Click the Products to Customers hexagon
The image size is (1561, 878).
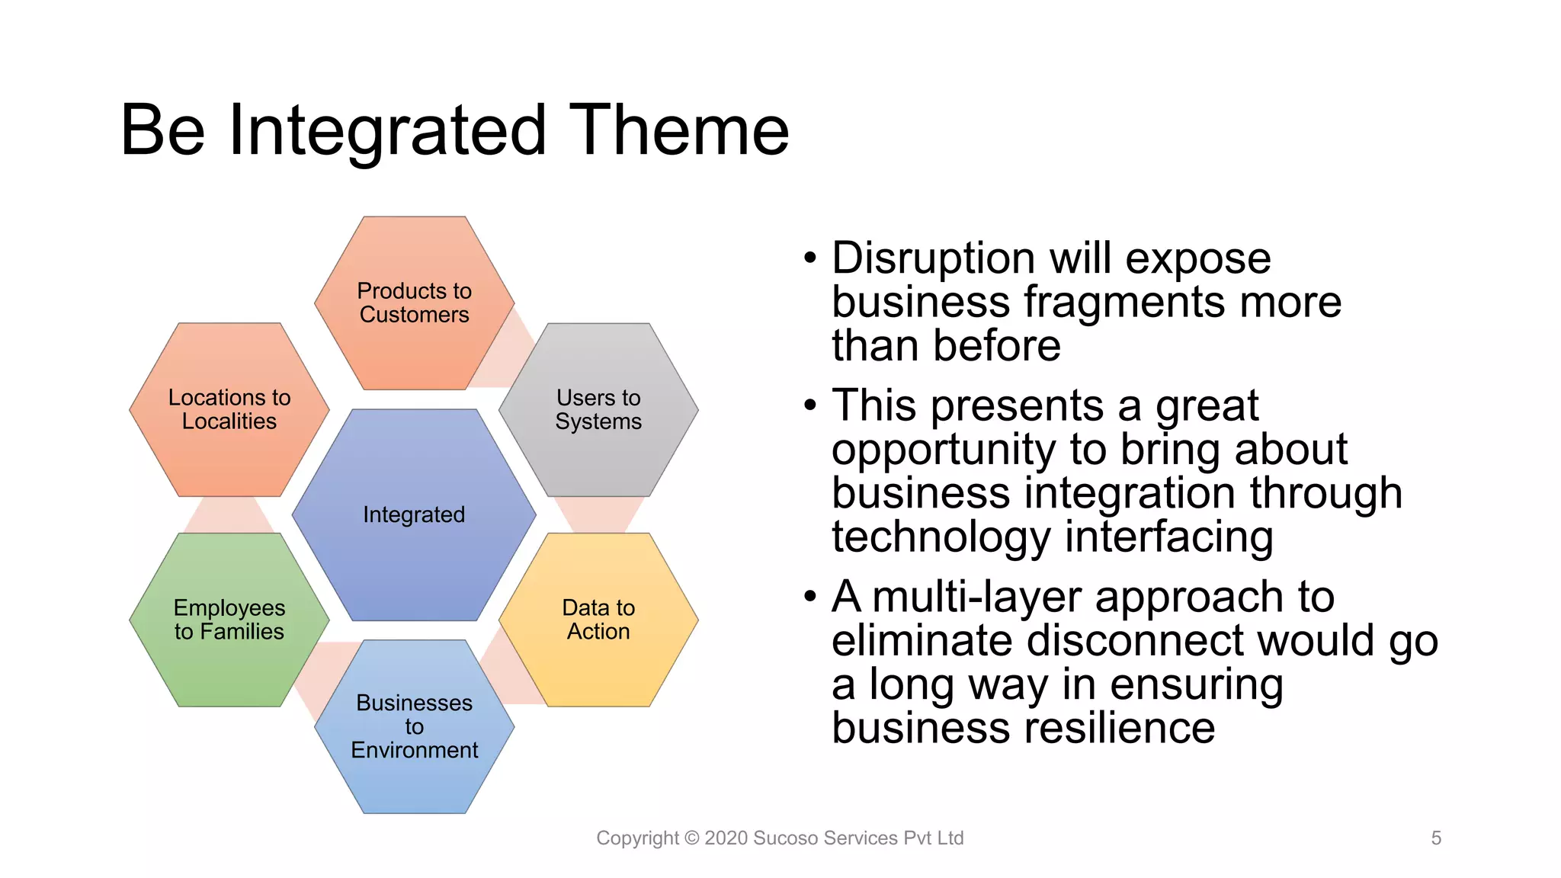click(x=414, y=303)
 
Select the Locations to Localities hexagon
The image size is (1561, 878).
click(x=229, y=409)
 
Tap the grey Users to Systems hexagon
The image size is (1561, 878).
click(x=598, y=409)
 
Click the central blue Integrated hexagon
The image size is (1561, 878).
click(x=414, y=514)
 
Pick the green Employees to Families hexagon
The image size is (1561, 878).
click(x=229, y=619)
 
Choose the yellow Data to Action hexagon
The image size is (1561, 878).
click(x=598, y=619)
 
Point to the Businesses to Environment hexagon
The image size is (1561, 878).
click(x=414, y=726)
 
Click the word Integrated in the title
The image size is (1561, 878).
click(x=387, y=131)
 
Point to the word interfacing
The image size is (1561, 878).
click(x=1168, y=537)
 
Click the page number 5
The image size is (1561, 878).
click(x=1436, y=838)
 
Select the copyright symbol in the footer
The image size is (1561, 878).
click(x=691, y=838)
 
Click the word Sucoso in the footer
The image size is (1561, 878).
click(x=786, y=838)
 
